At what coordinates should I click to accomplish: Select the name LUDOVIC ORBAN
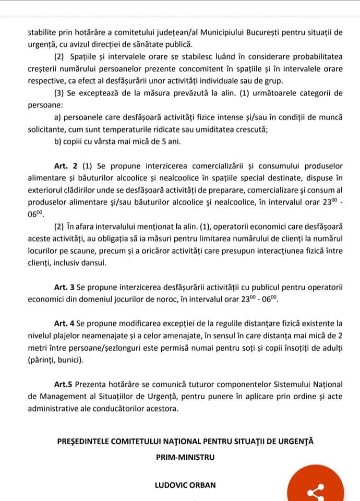pyautogui.click(x=185, y=485)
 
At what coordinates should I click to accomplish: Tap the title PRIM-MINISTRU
pyautogui.click(x=185, y=457)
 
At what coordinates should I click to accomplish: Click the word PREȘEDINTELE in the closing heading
pyautogui.click(x=85, y=441)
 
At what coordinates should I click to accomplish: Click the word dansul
pyautogui.click(x=94, y=263)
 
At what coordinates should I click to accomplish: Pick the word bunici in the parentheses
pyautogui.click(x=71, y=360)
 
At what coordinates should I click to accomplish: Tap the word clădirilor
pyautogui.click(x=80, y=189)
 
